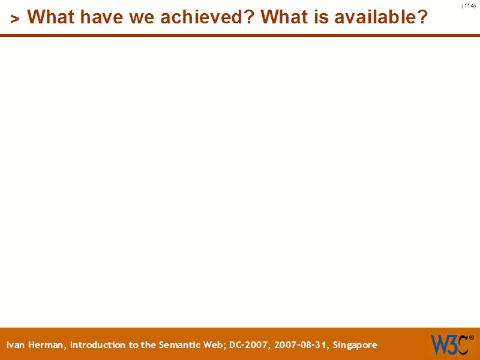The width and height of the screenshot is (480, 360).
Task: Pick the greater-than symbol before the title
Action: click(15, 19)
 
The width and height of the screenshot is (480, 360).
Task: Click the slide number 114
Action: click(469, 6)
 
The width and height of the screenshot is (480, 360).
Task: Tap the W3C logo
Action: click(449, 344)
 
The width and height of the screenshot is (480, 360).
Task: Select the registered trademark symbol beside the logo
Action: click(471, 337)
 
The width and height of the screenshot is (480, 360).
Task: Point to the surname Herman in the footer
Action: click(49, 345)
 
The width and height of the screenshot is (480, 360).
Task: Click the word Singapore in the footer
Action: click(355, 345)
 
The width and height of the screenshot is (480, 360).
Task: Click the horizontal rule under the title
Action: click(240, 35)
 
